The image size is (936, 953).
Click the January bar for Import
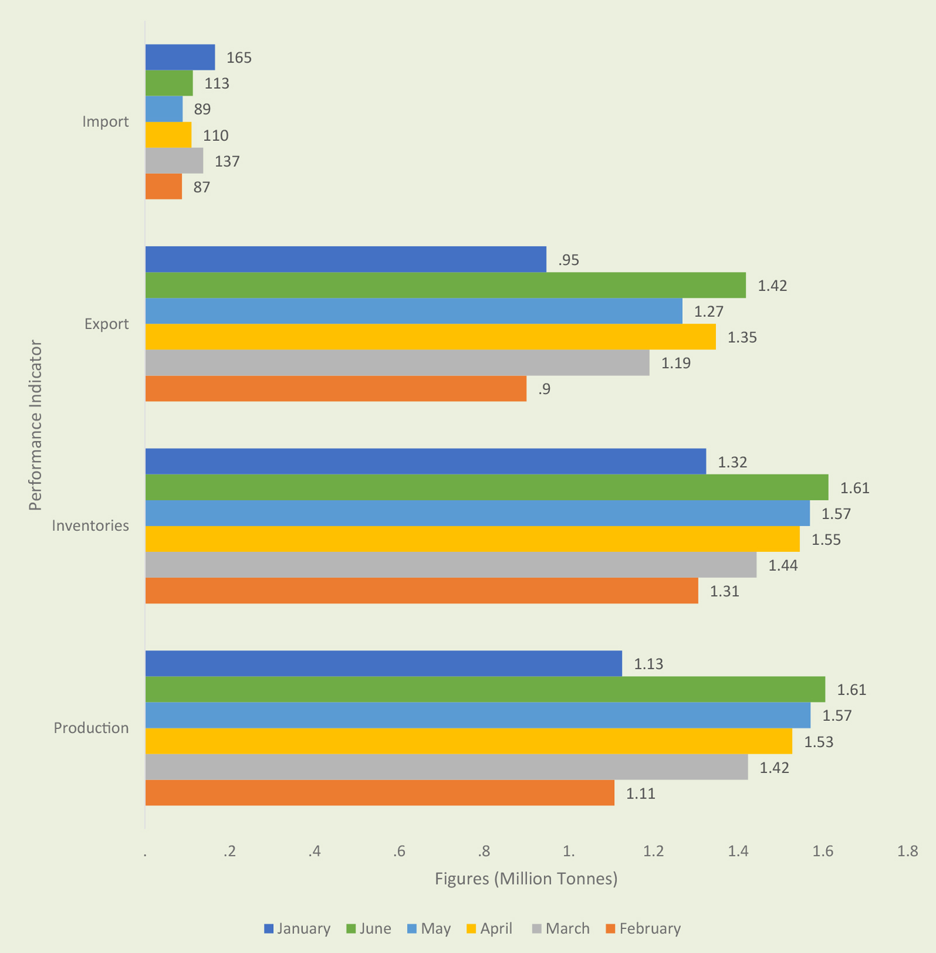(180, 57)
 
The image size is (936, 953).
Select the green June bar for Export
(445, 285)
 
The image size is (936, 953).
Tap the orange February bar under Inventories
(421, 591)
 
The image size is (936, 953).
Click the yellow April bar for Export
(430, 337)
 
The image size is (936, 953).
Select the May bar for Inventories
(477, 513)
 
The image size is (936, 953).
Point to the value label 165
(239, 58)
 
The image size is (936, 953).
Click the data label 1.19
(676, 363)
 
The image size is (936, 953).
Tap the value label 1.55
(825, 540)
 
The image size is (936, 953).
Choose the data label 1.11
(641, 793)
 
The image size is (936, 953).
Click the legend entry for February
(643, 928)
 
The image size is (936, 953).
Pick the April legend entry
(490, 928)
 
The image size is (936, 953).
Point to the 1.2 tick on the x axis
(653, 851)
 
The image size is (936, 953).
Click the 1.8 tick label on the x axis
(907, 851)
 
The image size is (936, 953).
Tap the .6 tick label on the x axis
(400, 851)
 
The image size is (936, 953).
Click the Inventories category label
(90, 526)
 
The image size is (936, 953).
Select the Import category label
(105, 122)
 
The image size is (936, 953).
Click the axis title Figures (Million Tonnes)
(526, 879)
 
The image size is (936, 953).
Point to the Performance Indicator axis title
(36, 425)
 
